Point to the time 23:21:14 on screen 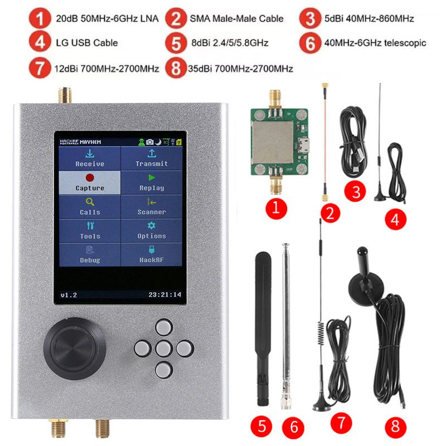(x=164, y=294)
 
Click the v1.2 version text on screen (x=69, y=294)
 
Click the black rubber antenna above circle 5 (x=263, y=329)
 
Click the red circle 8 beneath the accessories (x=395, y=427)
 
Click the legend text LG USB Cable (x=86, y=42)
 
